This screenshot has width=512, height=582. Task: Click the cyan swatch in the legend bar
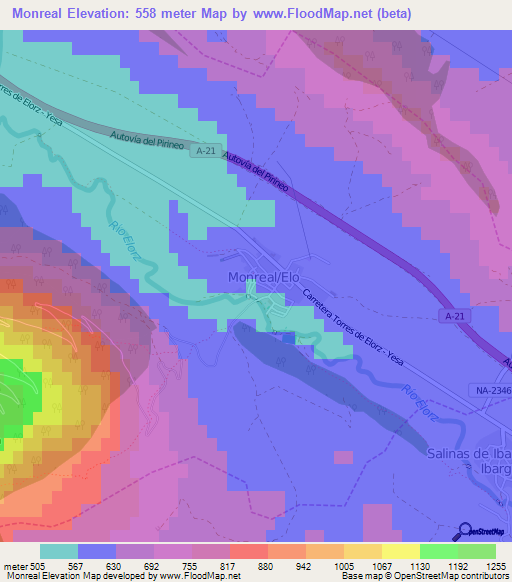coord(59,551)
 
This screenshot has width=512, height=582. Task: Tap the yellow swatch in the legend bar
coord(400,551)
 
